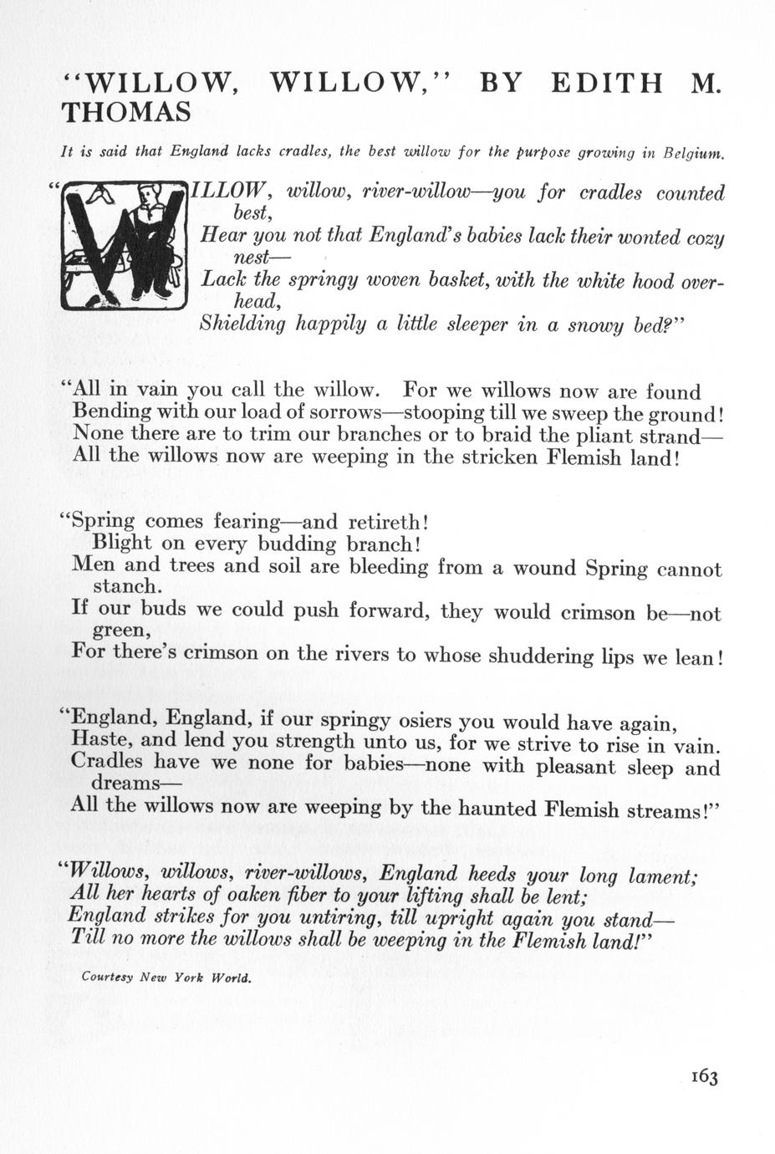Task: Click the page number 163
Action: [x=704, y=1077]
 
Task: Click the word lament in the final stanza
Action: [x=657, y=875]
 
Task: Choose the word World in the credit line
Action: [x=232, y=977]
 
